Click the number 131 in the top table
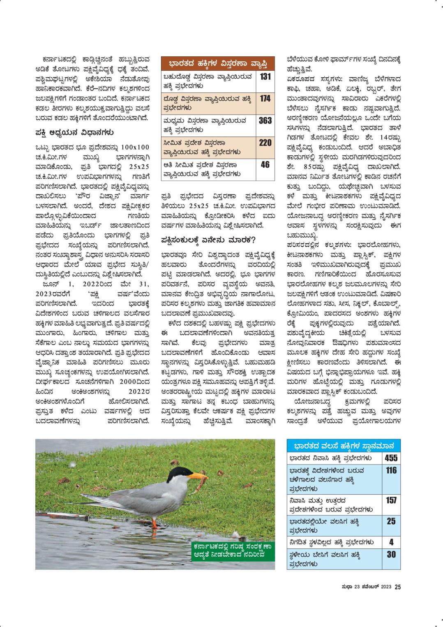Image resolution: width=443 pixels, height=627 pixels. pyautogui.click(x=265, y=76)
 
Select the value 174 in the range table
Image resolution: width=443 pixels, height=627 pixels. pyautogui.click(x=265, y=98)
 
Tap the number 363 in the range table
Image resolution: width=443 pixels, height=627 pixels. pyautogui.click(x=265, y=120)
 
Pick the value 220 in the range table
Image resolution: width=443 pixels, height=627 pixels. pyautogui.click(x=265, y=143)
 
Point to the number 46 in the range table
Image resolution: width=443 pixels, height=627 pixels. pyautogui.click(x=265, y=164)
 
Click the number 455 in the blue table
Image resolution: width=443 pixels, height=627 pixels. pyautogui.click(x=391, y=458)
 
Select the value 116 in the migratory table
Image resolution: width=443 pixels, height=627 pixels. pyautogui.click(x=391, y=470)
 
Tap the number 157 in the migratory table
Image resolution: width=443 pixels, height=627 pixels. pyautogui.click(x=391, y=500)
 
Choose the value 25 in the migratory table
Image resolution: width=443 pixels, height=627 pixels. pyautogui.click(x=391, y=521)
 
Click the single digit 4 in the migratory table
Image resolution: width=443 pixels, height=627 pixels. pyautogui.click(x=391, y=542)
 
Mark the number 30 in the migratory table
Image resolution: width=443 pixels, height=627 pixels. pyautogui.click(x=391, y=554)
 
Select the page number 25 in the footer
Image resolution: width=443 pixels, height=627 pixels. pyautogui.click(x=397, y=587)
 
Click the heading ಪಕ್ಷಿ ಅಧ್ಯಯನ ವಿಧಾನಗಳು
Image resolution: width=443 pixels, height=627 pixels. pyautogui.click(x=74, y=133)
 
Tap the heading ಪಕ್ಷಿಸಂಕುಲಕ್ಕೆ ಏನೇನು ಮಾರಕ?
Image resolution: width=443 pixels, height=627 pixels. pyautogui.click(x=208, y=240)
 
